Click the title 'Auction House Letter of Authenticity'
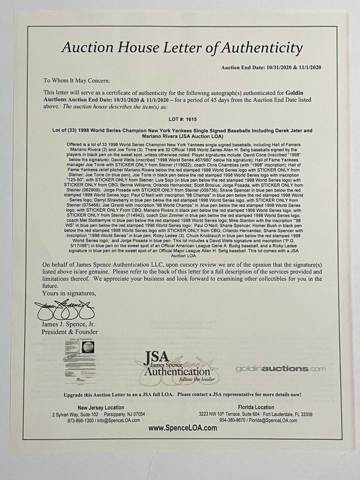(x=181, y=48)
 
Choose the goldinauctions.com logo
(x=280, y=369)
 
